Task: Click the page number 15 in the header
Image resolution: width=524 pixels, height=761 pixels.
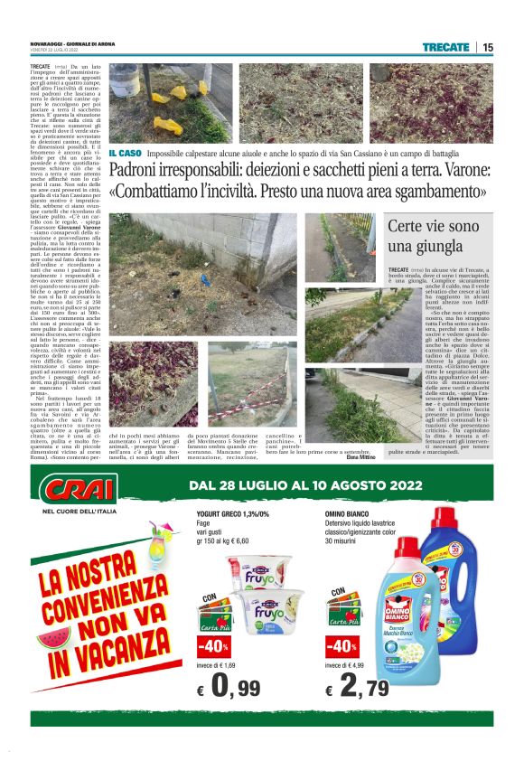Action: (x=488, y=47)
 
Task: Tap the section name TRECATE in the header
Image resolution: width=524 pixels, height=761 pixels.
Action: (x=444, y=47)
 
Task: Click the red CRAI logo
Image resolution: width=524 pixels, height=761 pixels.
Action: (x=79, y=490)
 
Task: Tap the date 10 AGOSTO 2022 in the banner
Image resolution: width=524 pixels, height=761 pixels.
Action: (x=380, y=486)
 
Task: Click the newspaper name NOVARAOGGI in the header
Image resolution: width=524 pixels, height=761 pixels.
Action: (x=50, y=42)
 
